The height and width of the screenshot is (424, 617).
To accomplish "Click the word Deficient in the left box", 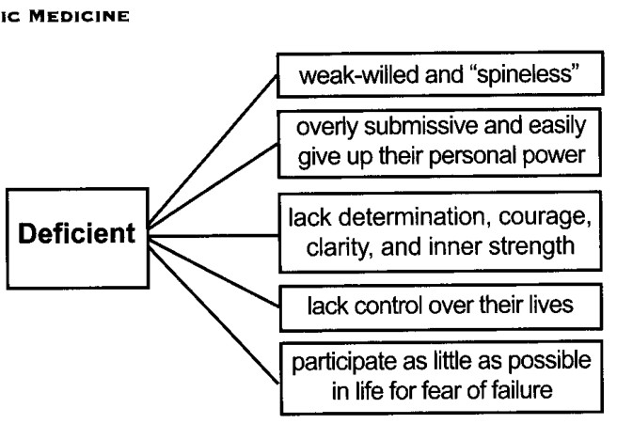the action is pos(77,233).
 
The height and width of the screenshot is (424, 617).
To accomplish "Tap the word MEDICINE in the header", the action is pos(79,16).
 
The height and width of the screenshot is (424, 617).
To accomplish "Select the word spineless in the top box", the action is pos(528,74).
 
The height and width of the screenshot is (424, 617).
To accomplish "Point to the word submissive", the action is pos(420,127).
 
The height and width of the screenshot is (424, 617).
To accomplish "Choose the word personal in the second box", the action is pos(472,156).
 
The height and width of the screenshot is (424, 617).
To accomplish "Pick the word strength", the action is pos(531,247).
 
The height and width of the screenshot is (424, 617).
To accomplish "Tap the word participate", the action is pos(344,362).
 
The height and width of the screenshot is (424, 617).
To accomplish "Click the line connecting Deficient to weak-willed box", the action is pos(213,150).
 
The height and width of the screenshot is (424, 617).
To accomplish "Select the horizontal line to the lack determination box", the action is pos(214,236).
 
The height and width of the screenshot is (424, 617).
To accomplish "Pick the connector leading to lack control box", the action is pos(214,274).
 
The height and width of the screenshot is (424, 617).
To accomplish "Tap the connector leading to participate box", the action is pos(214,315).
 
